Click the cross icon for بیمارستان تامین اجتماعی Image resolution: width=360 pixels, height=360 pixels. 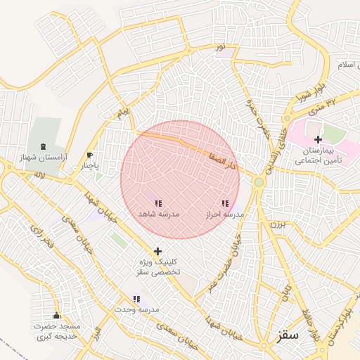(x=318, y=139)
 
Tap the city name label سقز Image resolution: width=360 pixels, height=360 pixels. (x=288, y=335)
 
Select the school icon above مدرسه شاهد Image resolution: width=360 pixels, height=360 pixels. (x=158, y=203)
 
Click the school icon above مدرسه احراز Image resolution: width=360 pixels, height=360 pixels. (x=224, y=203)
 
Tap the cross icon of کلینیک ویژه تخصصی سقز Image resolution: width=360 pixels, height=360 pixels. (x=157, y=251)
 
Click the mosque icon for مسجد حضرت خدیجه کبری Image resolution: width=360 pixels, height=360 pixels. (x=56, y=316)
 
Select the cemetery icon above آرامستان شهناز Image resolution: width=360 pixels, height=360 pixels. (x=46, y=146)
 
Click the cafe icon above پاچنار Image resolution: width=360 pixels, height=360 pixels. (x=89, y=155)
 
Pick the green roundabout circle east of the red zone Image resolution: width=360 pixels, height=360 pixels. (x=259, y=182)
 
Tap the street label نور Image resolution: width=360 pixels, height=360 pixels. (x=221, y=47)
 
